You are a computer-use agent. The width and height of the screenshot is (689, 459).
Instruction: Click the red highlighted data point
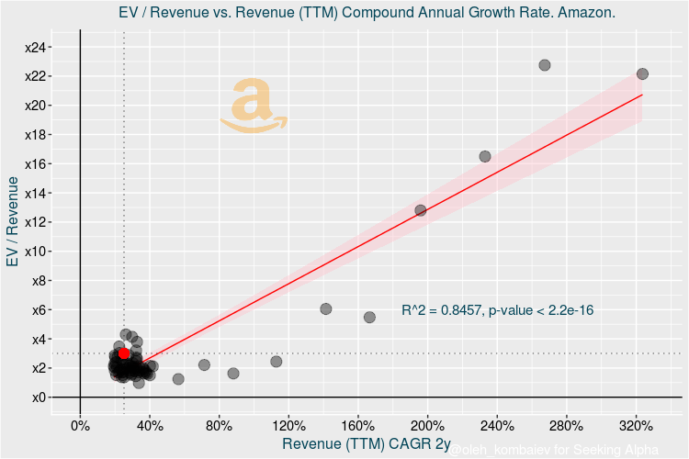tap(124, 353)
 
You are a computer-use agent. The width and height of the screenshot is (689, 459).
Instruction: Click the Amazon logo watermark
tap(254, 105)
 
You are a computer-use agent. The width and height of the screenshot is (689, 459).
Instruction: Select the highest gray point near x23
tap(545, 65)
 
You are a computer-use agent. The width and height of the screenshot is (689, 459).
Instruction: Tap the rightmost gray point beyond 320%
tap(642, 73)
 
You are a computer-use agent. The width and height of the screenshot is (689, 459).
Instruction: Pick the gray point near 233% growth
tap(485, 157)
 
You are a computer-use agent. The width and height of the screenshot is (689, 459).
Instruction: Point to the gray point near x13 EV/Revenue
tap(421, 210)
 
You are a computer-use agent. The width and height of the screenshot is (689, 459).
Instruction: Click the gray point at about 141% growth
tap(325, 309)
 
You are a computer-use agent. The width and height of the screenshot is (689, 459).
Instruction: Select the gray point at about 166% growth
tap(369, 318)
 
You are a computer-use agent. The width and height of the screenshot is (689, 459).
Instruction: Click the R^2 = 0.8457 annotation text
tap(497, 311)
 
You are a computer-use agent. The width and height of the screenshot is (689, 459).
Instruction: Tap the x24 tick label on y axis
tap(40, 47)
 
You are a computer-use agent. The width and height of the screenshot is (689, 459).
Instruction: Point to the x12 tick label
tap(40, 222)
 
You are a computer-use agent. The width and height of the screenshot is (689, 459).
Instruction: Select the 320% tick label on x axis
tap(636, 426)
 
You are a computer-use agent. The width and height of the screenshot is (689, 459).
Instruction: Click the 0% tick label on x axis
tap(80, 426)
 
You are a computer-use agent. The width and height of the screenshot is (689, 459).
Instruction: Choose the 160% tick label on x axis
tap(358, 426)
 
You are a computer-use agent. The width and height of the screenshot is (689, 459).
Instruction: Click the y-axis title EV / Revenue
tap(13, 222)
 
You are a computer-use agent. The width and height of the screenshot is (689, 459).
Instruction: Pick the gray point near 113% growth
tap(277, 362)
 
